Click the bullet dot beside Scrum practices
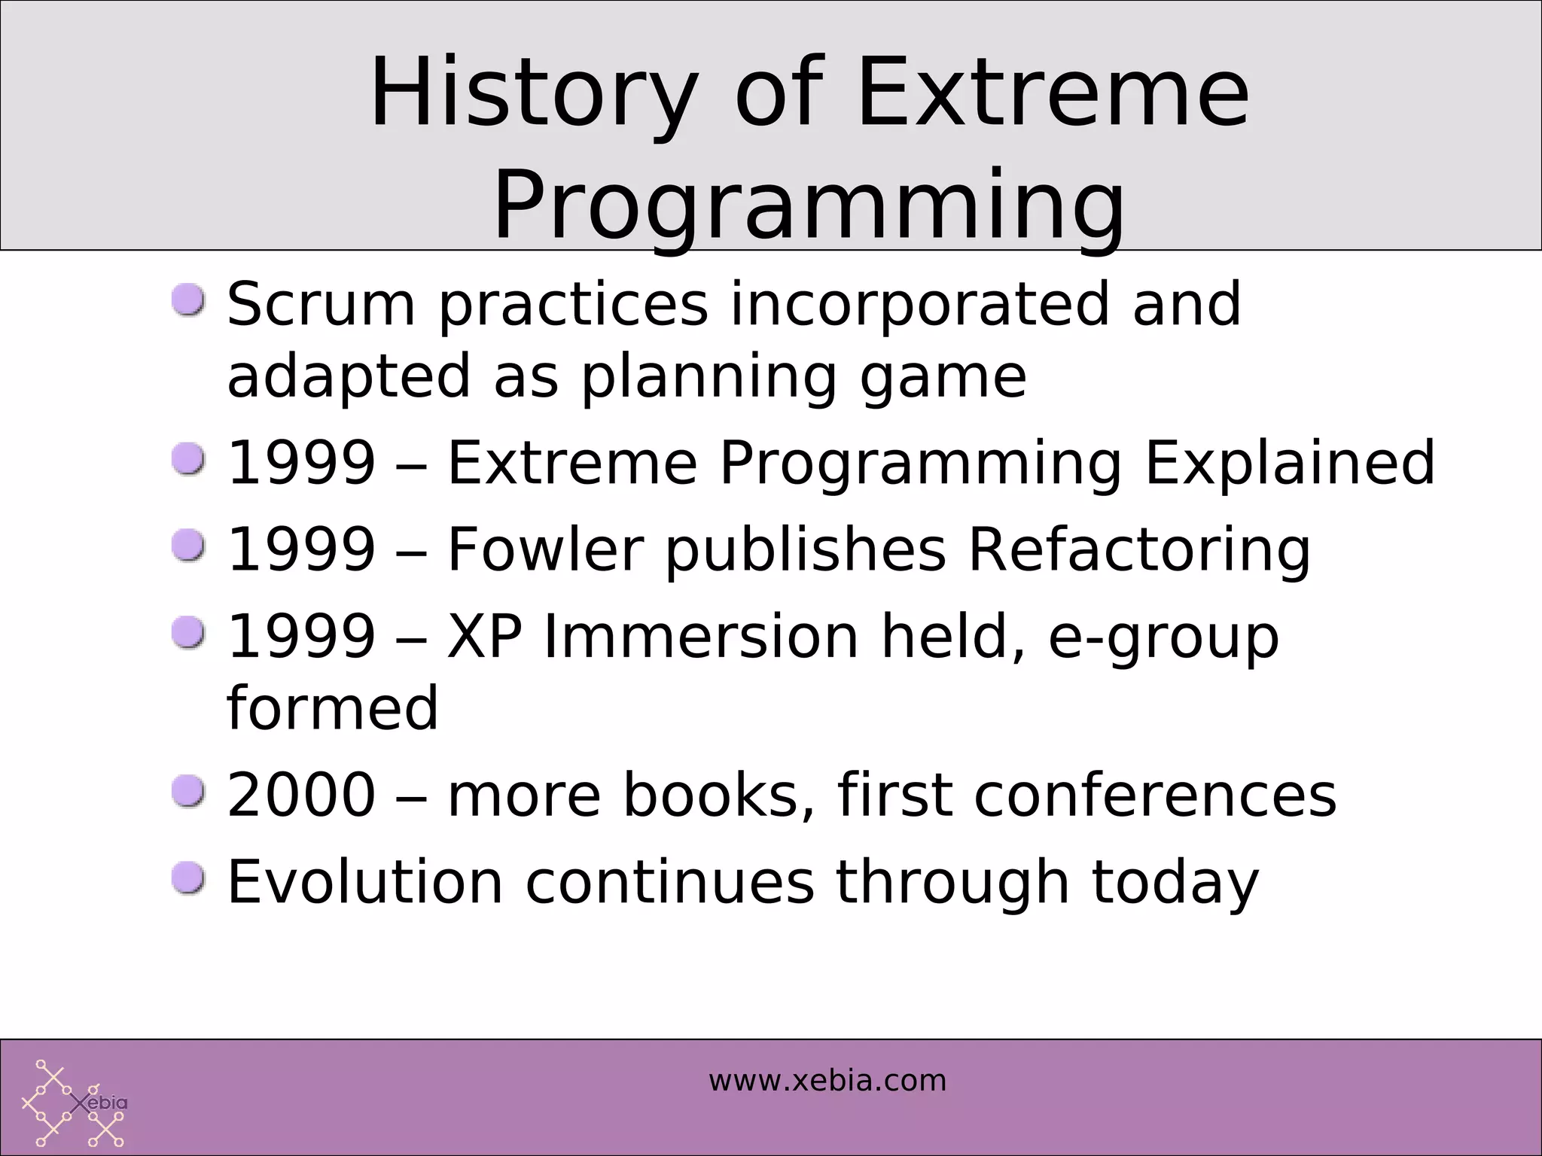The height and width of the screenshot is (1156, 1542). tap(187, 300)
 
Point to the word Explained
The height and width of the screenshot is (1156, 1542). tap(1289, 462)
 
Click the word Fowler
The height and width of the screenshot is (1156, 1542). tap(546, 549)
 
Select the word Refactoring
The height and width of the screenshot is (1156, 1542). tap(1138, 549)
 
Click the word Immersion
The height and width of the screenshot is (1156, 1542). tap(700, 636)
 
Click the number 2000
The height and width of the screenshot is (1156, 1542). tap(300, 795)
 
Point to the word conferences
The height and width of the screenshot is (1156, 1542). tap(1154, 795)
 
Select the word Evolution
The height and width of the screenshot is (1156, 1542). tap(364, 881)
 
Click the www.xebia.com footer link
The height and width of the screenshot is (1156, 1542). tap(827, 1081)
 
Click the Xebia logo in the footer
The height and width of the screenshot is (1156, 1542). tap(74, 1103)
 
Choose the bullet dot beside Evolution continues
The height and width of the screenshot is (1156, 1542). tap(187, 878)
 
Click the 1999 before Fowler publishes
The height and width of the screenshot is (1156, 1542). tap(300, 549)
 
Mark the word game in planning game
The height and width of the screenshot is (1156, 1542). tap(943, 377)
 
